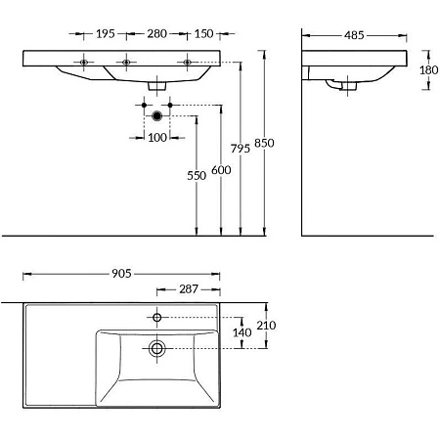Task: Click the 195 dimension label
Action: click(x=106, y=34)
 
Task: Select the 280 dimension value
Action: click(x=156, y=34)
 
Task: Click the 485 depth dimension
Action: click(x=354, y=35)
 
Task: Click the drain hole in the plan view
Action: click(x=155, y=347)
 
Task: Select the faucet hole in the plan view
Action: click(x=155, y=317)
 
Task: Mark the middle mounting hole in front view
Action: click(x=128, y=63)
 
